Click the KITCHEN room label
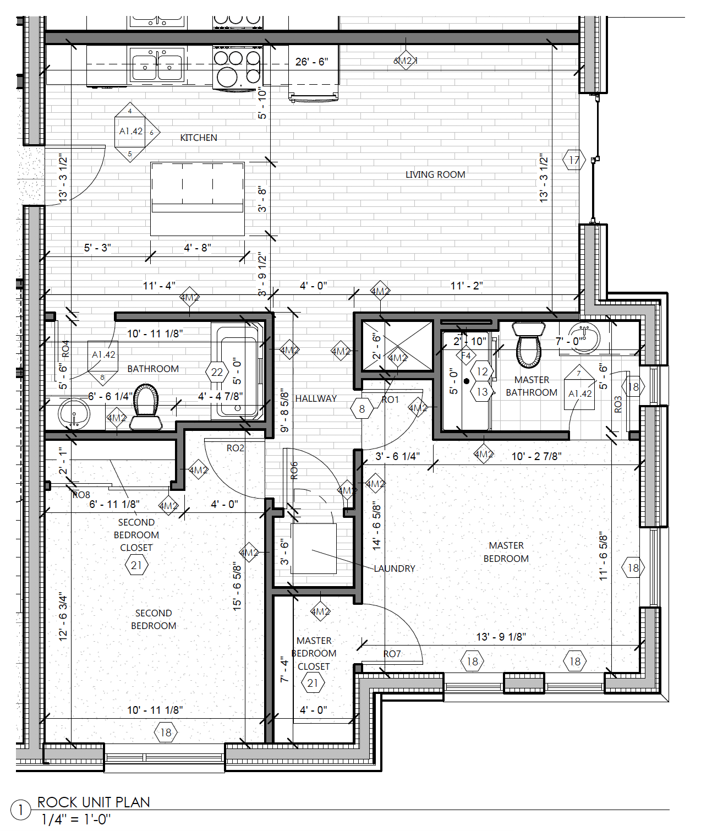(199, 138)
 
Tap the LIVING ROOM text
(435, 174)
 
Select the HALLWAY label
(316, 398)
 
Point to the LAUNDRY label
(395, 568)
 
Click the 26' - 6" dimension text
(311, 62)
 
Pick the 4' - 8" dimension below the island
(198, 248)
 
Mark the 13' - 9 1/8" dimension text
(501, 637)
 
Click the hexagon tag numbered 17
(574, 160)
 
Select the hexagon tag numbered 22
(217, 373)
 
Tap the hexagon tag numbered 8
(362, 409)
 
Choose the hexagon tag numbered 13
(482, 392)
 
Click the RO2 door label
(235, 448)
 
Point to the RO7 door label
(392, 654)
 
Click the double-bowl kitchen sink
(157, 65)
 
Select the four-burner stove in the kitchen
(237, 68)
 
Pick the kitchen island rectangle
(198, 198)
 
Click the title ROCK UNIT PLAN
(94, 802)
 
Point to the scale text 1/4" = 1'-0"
(76, 819)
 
